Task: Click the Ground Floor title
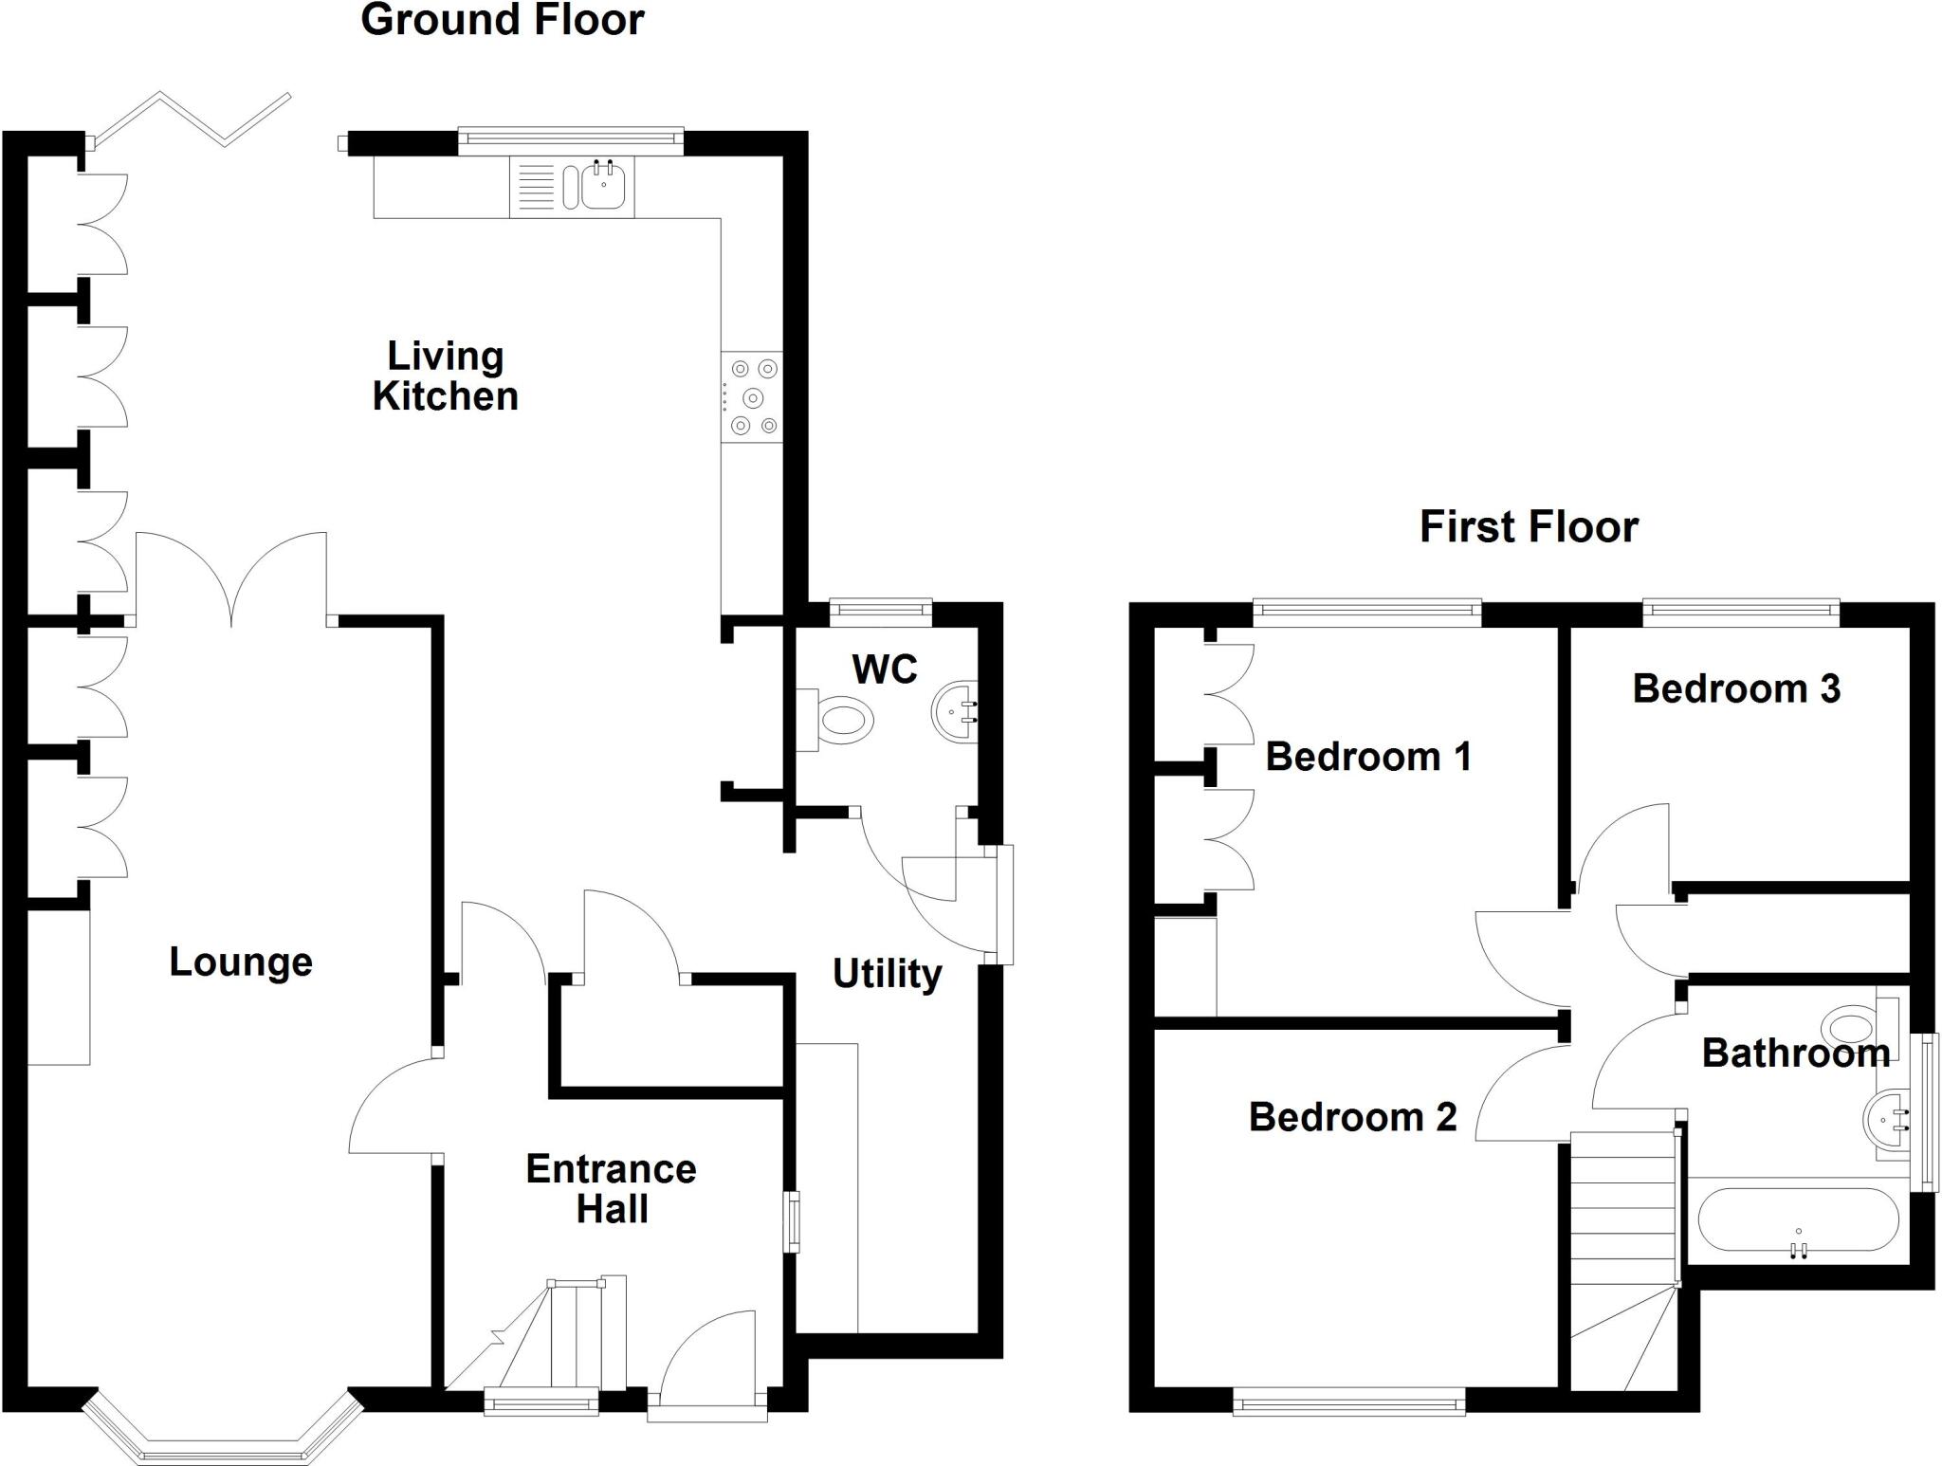point(503,21)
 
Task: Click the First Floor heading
point(1529,527)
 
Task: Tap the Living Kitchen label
point(445,376)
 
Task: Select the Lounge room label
point(241,962)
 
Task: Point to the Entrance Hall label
point(612,1189)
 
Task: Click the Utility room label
point(888,974)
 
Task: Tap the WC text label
point(885,669)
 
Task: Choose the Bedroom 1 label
point(1368,757)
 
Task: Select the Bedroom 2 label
point(1352,1117)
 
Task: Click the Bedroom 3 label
point(1736,689)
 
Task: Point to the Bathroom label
point(1795,1054)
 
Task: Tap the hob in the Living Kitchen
point(752,397)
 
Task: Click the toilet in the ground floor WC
point(839,720)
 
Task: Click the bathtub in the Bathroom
point(1797,1220)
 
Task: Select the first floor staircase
point(1622,1252)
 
